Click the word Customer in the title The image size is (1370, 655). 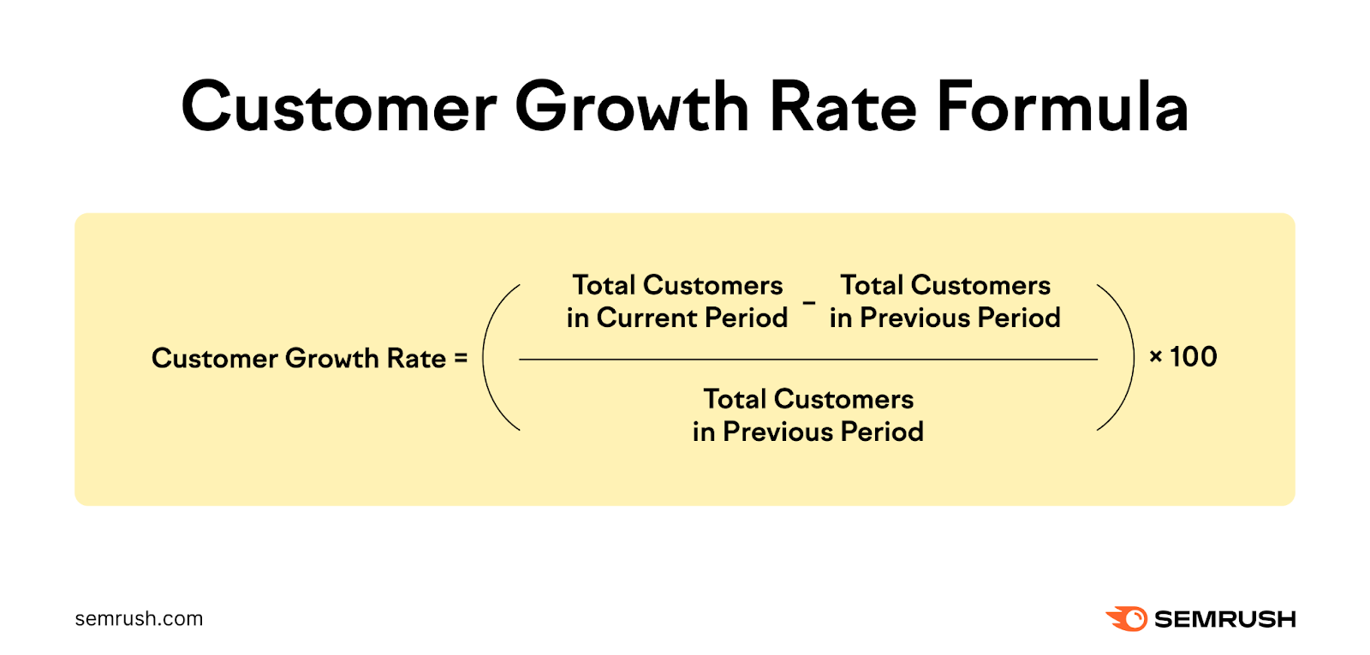tap(338, 107)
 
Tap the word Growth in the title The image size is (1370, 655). tap(632, 107)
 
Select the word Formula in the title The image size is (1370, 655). tap(1063, 107)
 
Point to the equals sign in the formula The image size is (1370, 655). tap(461, 359)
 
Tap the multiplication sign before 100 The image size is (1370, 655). tap(1156, 357)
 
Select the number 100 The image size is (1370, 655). tap(1194, 357)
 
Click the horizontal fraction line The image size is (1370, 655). tap(807, 360)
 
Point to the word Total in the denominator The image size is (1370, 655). tap(735, 400)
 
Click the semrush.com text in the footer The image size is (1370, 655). tap(139, 619)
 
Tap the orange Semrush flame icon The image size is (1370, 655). tap(1127, 618)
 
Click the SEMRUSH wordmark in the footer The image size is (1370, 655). tap(1224, 619)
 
